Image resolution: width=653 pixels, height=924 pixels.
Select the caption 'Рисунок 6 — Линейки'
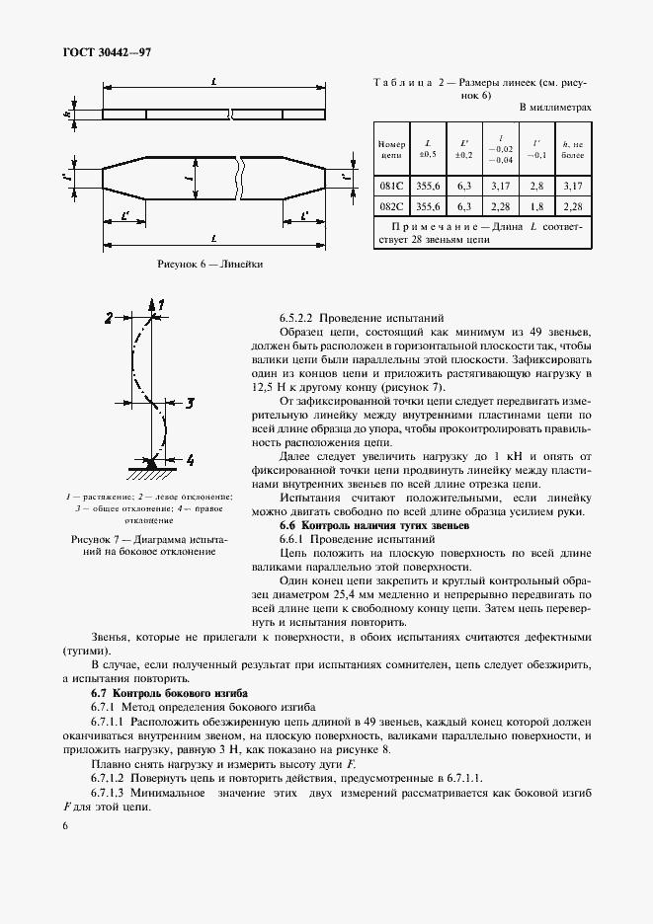209,265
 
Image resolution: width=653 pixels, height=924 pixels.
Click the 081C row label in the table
392,185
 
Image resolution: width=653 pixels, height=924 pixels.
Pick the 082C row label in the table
392,205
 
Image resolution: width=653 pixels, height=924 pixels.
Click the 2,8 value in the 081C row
536,185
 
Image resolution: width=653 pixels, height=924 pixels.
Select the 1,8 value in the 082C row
536,205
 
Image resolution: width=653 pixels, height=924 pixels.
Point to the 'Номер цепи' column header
392,149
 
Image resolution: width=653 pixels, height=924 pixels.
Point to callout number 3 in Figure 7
190,402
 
